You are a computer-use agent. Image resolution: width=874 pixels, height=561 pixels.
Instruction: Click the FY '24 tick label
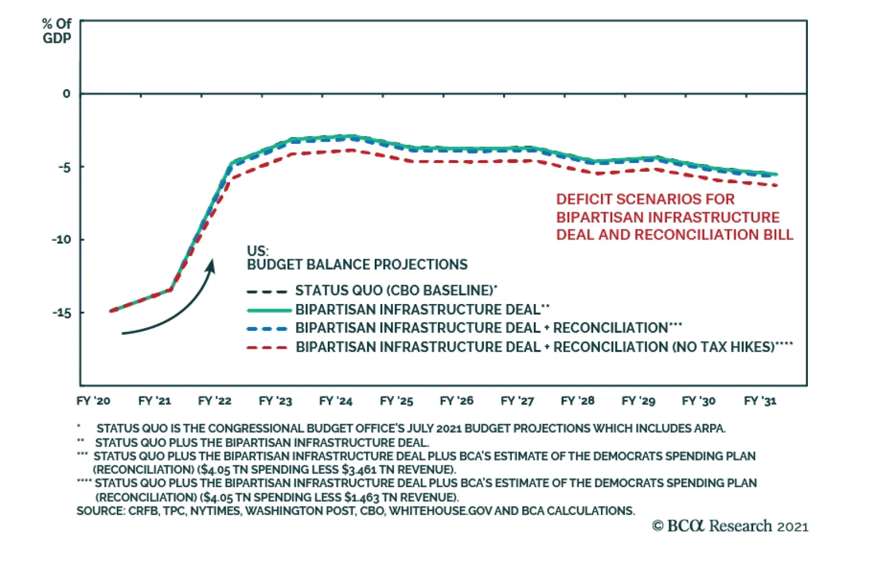[x=335, y=401]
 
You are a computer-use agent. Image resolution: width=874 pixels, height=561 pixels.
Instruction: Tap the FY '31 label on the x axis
[x=760, y=401]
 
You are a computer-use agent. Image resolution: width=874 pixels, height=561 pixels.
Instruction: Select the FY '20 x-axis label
[x=93, y=401]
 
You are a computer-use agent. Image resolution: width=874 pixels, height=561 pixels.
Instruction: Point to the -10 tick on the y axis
[x=61, y=239]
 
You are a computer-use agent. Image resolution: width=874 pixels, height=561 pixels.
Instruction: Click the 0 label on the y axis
[x=66, y=93]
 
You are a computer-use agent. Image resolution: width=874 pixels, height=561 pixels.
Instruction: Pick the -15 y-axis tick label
[x=61, y=313]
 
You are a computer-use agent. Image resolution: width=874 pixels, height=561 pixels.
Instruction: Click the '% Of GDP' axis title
[x=57, y=31]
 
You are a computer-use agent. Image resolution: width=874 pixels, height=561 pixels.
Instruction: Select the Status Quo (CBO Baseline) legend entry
[x=395, y=290]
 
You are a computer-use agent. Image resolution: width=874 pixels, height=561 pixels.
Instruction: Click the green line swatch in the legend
[x=269, y=310]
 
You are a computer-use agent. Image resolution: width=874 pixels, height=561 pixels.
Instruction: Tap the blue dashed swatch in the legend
[x=267, y=329]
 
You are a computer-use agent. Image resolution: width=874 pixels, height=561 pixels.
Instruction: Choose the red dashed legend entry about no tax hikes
[x=544, y=347]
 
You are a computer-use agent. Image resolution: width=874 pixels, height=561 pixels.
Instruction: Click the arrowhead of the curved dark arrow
[x=211, y=265]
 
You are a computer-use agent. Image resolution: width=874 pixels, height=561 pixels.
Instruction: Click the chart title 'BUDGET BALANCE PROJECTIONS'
[x=357, y=265]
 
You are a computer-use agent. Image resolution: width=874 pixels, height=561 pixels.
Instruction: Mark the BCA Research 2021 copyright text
[x=730, y=526]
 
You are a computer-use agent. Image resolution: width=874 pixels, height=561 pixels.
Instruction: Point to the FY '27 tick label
[x=517, y=401]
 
